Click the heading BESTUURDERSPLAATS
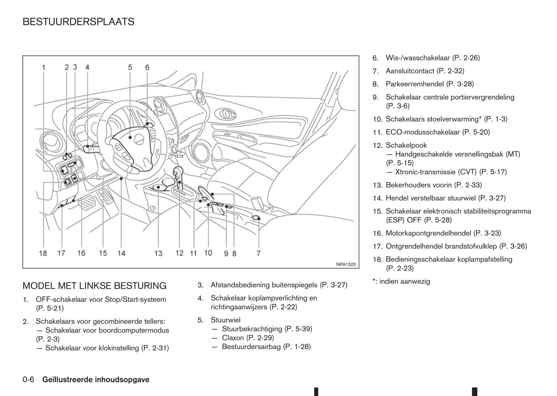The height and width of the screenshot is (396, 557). pyautogui.click(x=78, y=22)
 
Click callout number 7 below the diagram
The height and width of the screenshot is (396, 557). pyautogui.click(x=259, y=253)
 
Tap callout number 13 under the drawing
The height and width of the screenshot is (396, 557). pyautogui.click(x=158, y=253)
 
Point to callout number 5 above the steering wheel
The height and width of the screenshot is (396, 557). pyautogui.click(x=130, y=67)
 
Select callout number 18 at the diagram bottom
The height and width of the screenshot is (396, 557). pyautogui.click(x=43, y=253)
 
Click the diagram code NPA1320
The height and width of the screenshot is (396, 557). pyautogui.click(x=346, y=264)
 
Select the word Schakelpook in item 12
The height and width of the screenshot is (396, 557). pyautogui.click(x=406, y=145)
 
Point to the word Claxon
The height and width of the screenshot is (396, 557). pyautogui.click(x=233, y=338)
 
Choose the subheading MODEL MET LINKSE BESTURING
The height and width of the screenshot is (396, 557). pyautogui.click(x=94, y=286)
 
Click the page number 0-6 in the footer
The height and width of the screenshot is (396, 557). pyautogui.click(x=29, y=380)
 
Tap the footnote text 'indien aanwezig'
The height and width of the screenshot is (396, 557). pyautogui.click(x=404, y=281)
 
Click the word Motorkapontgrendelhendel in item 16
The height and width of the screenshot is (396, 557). pyautogui.click(x=428, y=233)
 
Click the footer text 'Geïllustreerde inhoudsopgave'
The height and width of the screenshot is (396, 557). pyautogui.click(x=96, y=380)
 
